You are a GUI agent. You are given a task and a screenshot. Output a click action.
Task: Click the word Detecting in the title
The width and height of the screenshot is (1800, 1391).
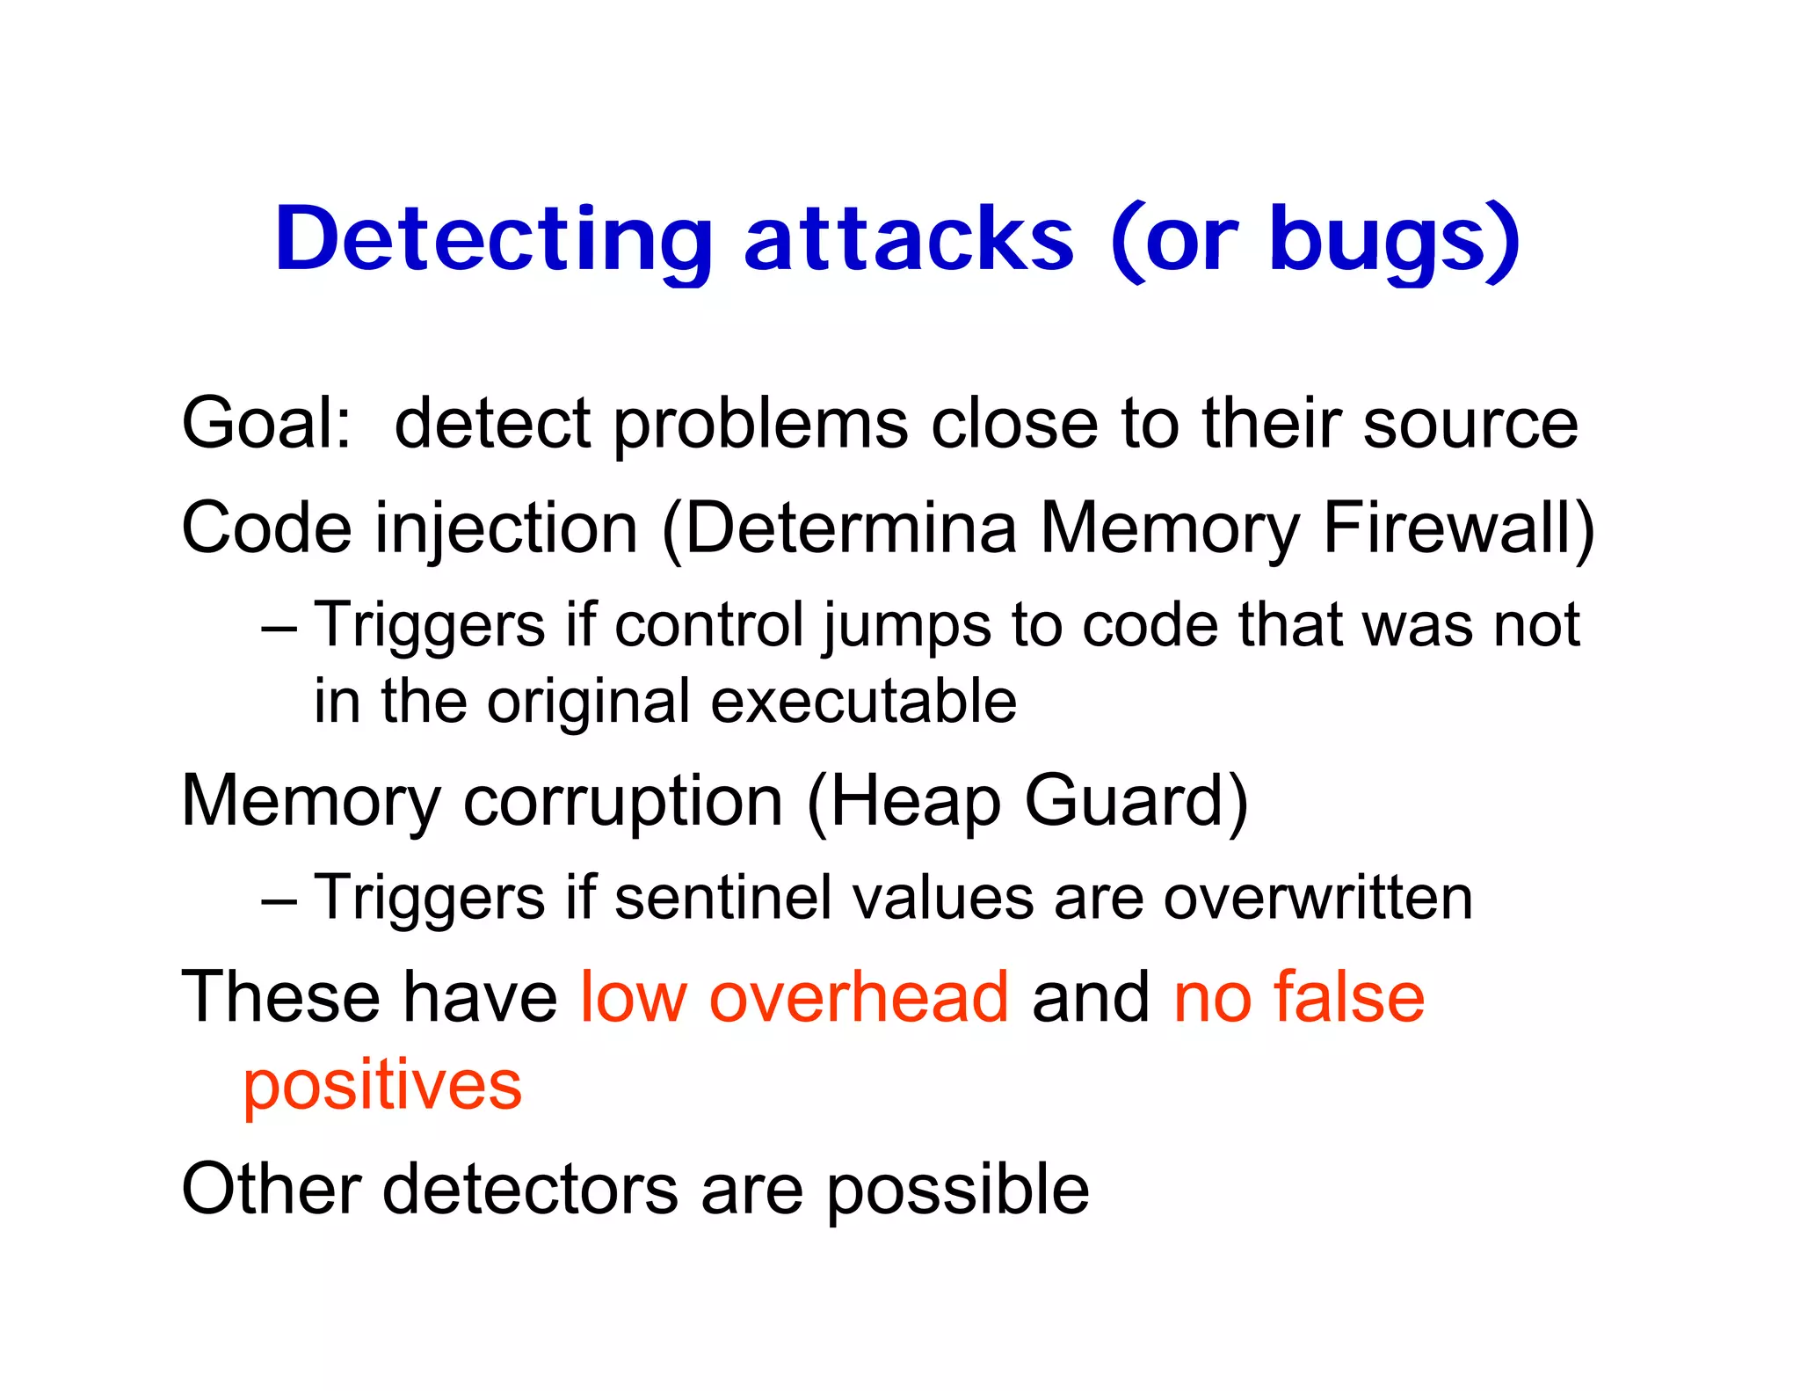tap(493, 239)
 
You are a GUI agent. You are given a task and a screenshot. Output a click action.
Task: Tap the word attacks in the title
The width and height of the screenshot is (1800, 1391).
tap(909, 239)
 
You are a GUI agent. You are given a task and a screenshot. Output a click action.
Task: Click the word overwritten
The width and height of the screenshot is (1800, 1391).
tap(1317, 899)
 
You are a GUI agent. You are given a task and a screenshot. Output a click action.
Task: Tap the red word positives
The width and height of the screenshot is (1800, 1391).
tap(382, 1086)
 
